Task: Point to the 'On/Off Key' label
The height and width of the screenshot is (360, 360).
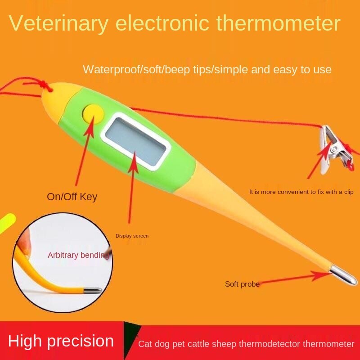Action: (72, 197)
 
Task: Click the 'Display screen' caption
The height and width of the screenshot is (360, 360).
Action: (132, 236)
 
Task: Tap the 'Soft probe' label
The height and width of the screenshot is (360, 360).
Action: (242, 284)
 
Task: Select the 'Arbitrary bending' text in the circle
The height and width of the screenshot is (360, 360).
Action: (78, 255)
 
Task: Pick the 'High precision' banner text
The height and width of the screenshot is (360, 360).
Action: (61, 341)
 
